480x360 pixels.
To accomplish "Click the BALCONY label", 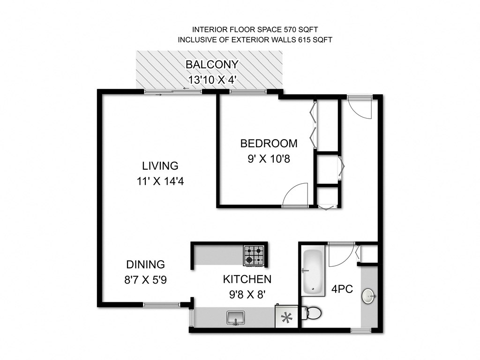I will pos(212,65).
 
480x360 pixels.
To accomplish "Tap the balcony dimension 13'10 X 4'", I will pos(212,79).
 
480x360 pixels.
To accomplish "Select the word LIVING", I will pos(160,166).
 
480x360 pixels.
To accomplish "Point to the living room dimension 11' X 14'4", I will pos(160,180).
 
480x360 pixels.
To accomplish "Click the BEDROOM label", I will pos(269,143).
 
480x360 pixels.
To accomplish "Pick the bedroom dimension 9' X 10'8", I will pos(269,158).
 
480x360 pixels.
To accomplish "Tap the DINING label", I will pos(145,264).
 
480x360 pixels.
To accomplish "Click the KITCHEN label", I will pos(247,280).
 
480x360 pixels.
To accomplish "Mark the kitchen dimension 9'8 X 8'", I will pos(247,296).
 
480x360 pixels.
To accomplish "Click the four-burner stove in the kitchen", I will pos(254,255).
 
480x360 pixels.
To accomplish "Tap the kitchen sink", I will pos(235,318).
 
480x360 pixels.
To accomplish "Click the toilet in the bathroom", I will pos(312,312).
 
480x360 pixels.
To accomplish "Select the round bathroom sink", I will pos(368,296).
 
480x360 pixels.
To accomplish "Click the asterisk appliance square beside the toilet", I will pos(285,317).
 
